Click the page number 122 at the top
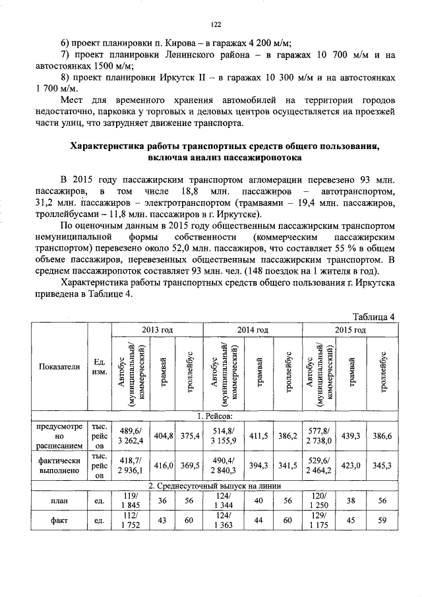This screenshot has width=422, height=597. (x=215, y=24)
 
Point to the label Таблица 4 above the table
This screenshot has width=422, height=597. (x=373, y=316)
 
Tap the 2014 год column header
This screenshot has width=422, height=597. (x=253, y=329)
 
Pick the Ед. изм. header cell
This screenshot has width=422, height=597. (x=100, y=367)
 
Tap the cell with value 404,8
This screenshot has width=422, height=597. (x=163, y=436)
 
